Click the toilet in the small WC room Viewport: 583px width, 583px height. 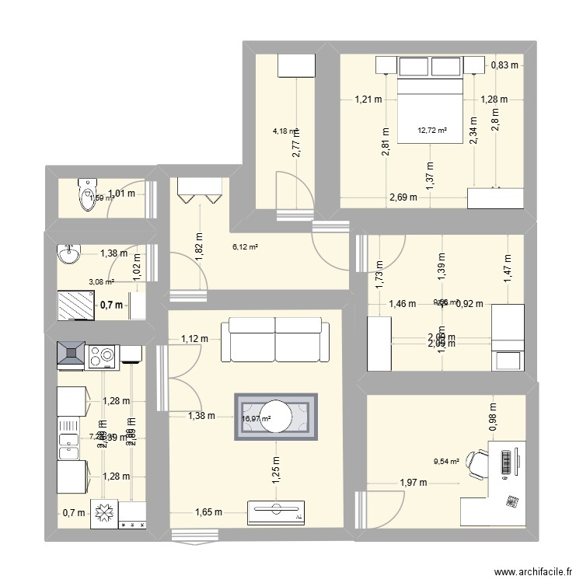(x=82, y=195)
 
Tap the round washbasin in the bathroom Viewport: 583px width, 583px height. (x=69, y=253)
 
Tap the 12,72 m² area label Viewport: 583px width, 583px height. (x=433, y=130)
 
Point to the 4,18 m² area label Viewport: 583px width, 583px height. (x=285, y=131)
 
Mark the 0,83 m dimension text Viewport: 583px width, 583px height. (x=506, y=67)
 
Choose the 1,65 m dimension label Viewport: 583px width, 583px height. (x=208, y=512)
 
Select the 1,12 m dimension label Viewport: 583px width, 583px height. (x=194, y=338)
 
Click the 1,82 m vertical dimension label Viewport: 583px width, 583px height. (x=199, y=248)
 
